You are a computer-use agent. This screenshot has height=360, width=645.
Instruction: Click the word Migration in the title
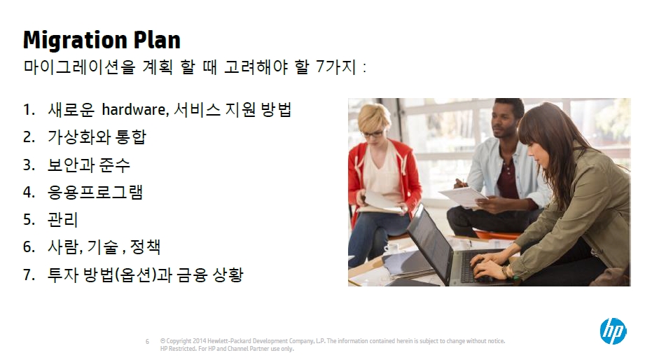click(75, 41)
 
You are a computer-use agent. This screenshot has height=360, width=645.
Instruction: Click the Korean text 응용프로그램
click(95, 192)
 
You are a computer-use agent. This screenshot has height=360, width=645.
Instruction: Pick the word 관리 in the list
click(62, 220)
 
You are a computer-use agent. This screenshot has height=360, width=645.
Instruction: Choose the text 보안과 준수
click(89, 165)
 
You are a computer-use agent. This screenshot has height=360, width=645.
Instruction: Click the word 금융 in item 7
click(192, 275)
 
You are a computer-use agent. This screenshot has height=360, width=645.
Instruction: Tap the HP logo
click(613, 331)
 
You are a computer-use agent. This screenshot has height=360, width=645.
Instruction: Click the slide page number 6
click(147, 342)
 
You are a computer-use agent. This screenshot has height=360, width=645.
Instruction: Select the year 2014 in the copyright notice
click(200, 340)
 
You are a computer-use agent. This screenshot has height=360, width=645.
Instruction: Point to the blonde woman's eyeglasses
click(373, 134)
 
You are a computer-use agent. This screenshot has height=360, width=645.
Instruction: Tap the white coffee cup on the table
click(392, 249)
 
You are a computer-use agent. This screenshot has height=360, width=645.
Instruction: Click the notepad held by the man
click(463, 196)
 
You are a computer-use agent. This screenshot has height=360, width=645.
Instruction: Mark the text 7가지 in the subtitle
click(336, 67)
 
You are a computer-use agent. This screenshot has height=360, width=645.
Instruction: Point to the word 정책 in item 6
click(145, 247)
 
